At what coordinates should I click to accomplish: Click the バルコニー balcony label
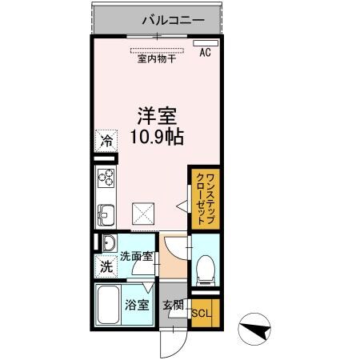(x=174, y=19)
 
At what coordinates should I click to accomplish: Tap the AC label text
(x=205, y=53)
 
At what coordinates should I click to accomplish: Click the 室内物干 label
(x=158, y=58)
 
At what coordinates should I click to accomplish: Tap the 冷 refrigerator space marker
(x=106, y=139)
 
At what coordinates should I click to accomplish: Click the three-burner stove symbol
(x=106, y=178)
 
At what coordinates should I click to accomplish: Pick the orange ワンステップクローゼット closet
(x=205, y=196)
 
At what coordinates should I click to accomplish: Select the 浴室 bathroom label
(x=136, y=305)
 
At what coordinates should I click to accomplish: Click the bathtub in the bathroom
(x=108, y=305)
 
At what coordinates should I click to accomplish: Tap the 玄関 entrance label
(x=173, y=305)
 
